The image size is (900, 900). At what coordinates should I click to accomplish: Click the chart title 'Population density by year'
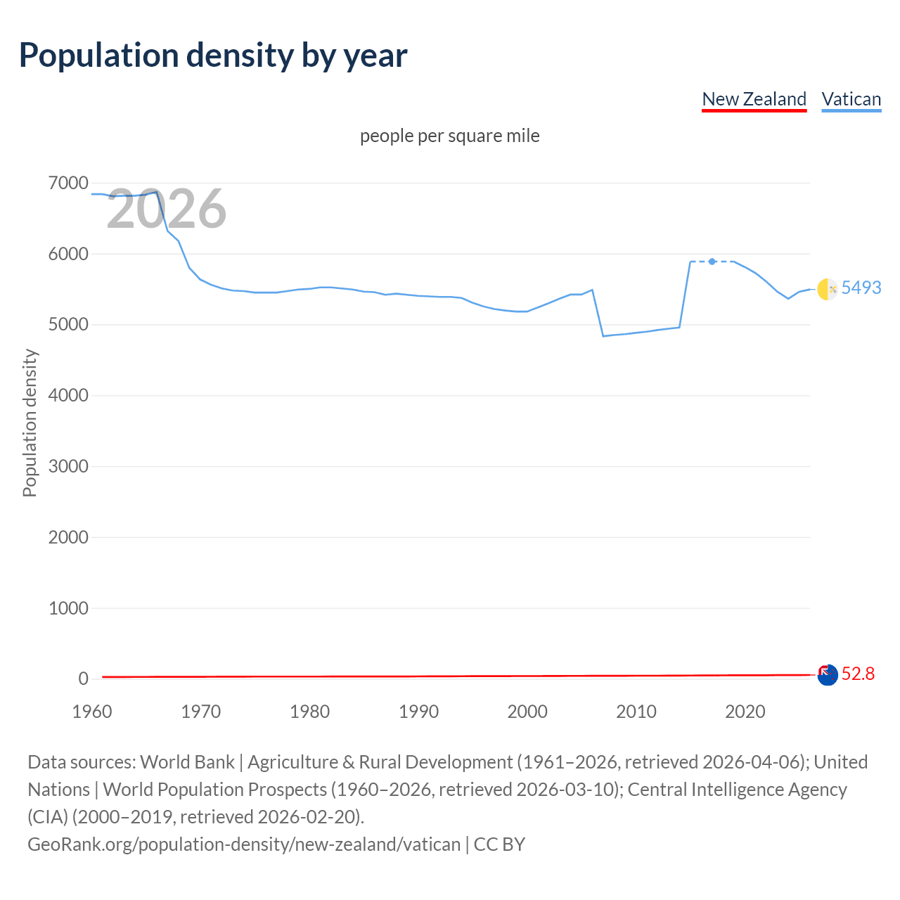213,56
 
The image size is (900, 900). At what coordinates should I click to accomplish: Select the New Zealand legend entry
754,99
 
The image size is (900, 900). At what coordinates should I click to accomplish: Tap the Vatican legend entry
851,99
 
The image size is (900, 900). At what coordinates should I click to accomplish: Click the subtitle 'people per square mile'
449,136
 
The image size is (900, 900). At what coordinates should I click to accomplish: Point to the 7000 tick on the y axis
68,184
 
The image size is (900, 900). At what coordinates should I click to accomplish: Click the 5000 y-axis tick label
68,325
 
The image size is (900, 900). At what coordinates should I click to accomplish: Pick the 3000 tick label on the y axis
68,466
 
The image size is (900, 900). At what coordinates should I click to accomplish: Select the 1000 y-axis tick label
68,608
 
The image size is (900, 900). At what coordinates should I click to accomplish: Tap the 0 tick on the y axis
83,679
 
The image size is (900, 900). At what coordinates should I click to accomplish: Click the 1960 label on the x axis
92,712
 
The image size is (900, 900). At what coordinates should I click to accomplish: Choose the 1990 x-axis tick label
418,712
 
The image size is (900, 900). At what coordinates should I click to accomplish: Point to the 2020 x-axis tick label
745,712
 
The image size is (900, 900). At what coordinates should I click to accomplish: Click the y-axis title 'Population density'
30,423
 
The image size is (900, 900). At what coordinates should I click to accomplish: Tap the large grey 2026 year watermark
167,209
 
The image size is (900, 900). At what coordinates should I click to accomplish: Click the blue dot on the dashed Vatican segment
712,262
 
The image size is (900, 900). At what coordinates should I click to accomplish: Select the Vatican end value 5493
861,288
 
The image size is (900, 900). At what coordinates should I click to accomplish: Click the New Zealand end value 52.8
858,674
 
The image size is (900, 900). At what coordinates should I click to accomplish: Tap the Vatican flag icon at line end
828,288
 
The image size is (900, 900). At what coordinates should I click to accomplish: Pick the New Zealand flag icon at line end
828,675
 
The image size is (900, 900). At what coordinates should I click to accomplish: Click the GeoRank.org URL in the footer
244,844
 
